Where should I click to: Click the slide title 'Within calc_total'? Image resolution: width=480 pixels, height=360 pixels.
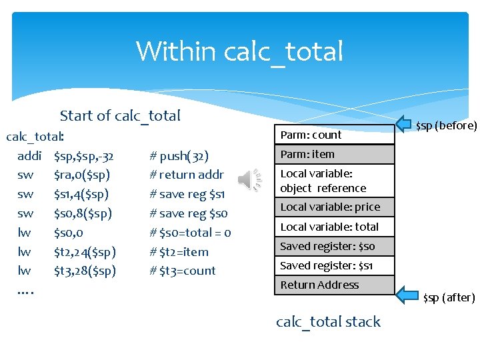point(239,51)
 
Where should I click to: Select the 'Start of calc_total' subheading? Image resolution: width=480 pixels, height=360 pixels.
point(120,115)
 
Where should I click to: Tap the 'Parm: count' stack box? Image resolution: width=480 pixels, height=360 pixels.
point(334,135)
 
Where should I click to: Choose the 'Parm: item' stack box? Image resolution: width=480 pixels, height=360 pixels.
point(334,154)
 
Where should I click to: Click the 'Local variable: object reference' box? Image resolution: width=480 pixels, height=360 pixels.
point(334,180)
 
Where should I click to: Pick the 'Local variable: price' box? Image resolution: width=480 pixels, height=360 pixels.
point(334,207)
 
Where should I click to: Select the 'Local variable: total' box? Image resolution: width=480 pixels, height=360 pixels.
point(334,227)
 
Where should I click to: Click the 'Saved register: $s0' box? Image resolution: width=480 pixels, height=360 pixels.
point(334,246)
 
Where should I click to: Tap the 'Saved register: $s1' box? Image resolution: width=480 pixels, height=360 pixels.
point(334,265)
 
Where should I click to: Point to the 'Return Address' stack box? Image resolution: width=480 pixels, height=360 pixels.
point(334,285)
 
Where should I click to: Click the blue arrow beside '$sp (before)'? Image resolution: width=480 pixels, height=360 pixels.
point(405,123)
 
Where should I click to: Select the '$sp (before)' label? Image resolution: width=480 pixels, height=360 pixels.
point(446,125)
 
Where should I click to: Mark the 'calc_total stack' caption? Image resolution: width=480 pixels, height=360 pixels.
point(328,321)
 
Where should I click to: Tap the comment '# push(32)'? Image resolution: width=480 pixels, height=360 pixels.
point(179,157)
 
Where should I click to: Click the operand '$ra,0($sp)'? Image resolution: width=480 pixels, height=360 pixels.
point(82,175)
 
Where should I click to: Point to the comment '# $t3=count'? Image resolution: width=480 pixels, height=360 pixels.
point(183,271)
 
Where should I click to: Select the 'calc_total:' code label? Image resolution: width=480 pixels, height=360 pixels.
point(35,137)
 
